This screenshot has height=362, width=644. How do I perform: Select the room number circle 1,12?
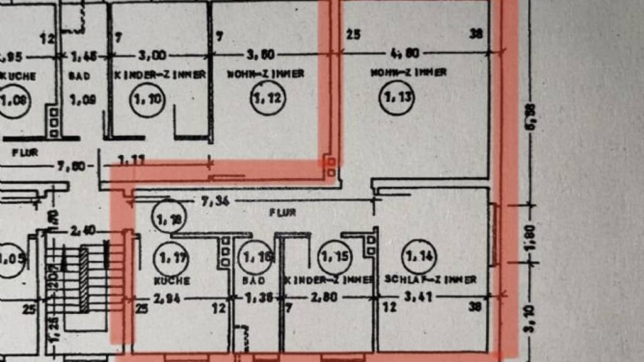(267, 98)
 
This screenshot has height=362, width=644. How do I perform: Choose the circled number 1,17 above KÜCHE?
(170, 256)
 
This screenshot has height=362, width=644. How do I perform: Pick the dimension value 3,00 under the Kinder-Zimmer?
(153, 55)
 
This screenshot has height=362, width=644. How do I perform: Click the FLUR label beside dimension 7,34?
(282, 212)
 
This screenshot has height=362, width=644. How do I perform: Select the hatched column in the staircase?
(84, 280)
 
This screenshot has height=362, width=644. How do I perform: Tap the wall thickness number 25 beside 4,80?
(353, 35)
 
